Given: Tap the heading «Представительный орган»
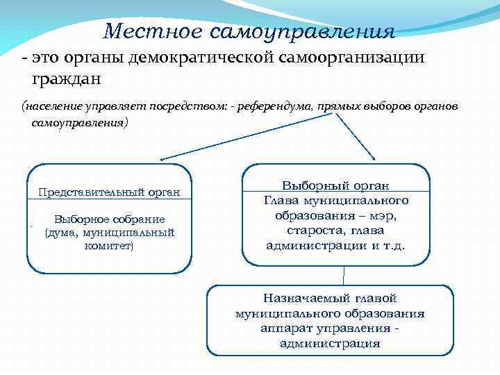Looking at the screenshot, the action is [109, 192].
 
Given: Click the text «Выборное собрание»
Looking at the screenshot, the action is [109, 219].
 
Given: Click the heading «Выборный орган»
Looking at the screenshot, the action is [335, 186].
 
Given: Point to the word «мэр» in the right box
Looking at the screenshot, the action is [381, 216].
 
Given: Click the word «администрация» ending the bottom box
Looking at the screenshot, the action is [330, 343].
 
